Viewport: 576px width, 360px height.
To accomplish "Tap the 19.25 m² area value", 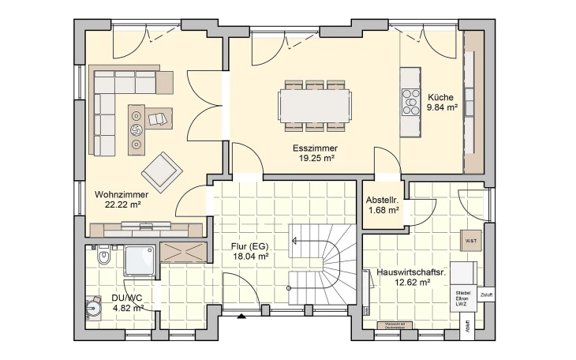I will [314, 158].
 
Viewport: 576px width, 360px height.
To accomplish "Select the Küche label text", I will [441, 96].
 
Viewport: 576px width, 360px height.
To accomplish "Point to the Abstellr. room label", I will [383, 200].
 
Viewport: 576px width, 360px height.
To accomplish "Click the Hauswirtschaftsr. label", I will [411, 271].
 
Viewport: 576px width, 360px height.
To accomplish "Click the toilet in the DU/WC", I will [101, 258].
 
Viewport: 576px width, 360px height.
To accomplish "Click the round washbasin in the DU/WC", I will [95, 306].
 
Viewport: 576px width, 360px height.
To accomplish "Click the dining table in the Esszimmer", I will [315, 104].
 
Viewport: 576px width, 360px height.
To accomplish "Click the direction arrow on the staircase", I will [294, 242].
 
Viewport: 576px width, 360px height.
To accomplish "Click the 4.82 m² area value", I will [126, 308].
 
